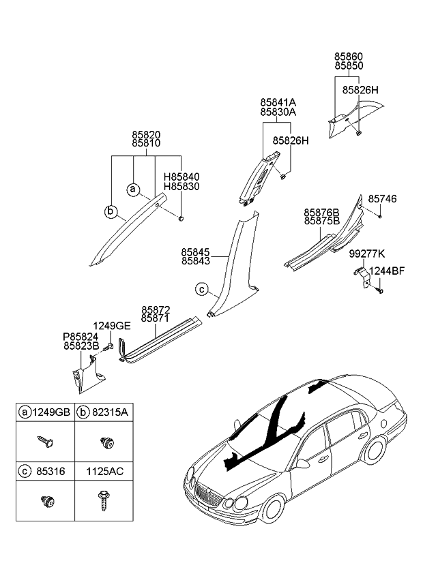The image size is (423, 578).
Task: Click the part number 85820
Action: [146, 135]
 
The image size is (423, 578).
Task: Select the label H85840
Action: [181, 176]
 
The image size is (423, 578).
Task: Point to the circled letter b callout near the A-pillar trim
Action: [111, 212]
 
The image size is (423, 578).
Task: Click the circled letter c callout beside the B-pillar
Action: [201, 289]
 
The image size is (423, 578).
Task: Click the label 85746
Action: [382, 199]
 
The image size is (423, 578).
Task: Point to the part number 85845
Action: [195, 252]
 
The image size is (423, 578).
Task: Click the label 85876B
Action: [322, 213]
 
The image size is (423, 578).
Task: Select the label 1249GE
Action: [112, 326]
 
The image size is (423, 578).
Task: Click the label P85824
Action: [81, 336]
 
